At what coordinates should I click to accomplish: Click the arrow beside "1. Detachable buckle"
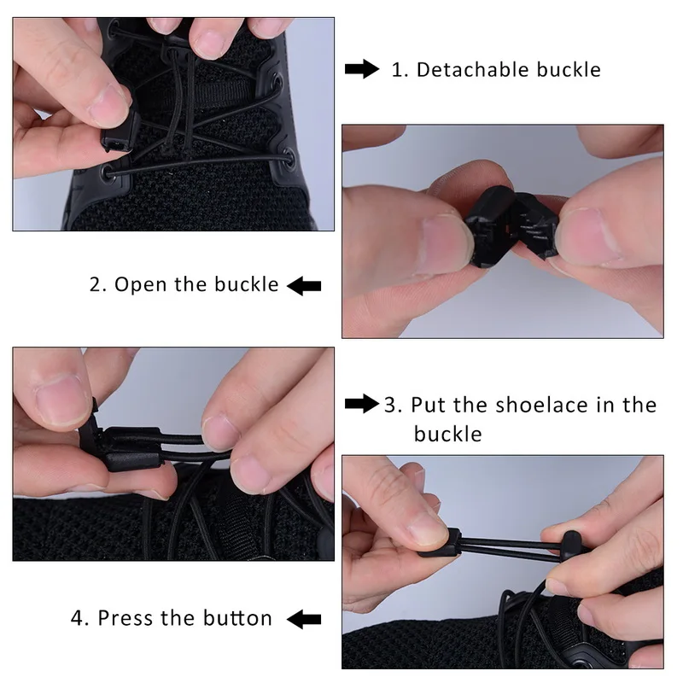click(361, 69)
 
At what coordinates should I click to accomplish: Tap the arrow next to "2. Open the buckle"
click(304, 286)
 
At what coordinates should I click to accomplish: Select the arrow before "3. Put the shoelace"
click(361, 403)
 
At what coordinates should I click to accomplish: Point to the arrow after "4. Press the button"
click(304, 619)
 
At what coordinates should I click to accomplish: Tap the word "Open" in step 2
click(140, 285)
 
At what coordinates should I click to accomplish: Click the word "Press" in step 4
click(126, 618)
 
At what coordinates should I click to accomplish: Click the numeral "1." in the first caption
click(400, 70)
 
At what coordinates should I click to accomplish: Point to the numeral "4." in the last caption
click(79, 618)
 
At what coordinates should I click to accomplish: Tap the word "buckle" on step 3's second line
click(447, 434)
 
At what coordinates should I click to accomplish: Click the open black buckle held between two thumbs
click(511, 225)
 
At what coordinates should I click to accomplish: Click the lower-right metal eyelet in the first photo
click(289, 158)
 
